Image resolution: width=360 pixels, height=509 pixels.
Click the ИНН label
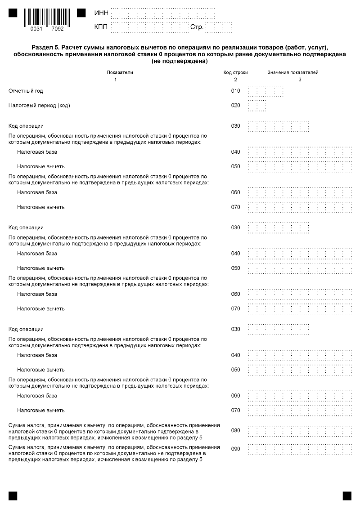(x=101, y=13)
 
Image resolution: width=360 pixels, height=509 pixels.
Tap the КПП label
(x=101, y=27)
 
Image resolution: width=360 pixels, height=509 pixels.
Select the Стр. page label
(x=197, y=27)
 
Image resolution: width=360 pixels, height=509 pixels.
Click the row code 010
(x=236, y=91)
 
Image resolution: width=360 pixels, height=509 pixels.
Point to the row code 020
(x=236, y=106)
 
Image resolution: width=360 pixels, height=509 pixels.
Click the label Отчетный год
(x=26, y=91)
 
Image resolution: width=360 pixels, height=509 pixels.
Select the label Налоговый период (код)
(x=40, y=106)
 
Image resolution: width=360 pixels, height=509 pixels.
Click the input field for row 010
(x=265, y=91)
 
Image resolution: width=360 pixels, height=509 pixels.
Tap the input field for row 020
(x=256, y=106)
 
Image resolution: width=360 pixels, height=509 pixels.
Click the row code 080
(x=236, y=430)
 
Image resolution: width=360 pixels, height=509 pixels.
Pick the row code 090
(x=236, y=449)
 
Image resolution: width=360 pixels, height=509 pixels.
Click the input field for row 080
(x=300, y=431)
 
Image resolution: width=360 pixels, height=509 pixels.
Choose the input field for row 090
(x=300, y=449)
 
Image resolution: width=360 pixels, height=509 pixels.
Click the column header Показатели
(x=120, y=72)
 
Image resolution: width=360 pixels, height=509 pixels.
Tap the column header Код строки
(x=235, y=72)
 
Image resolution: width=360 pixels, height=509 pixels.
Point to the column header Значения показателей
(x=293, y=72)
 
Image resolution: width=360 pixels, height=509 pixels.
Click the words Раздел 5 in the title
(x=45, y=48)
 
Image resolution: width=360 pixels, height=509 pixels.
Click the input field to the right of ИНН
(x=171, y=13)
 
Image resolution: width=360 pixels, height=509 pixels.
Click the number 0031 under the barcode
(x=36, y=28)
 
